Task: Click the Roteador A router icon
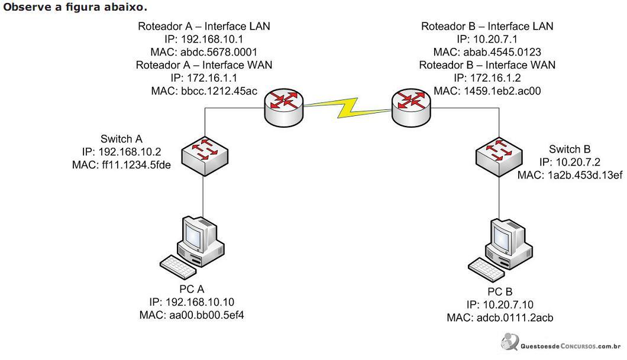(284, 108)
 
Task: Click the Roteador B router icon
(411, 108)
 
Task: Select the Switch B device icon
(499, 157)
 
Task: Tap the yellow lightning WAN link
(347, 108)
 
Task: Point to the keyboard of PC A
(178, 267)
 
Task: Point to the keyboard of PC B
(486, 270)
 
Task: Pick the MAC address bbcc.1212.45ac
(219, 91)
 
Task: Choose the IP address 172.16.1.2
(496, 78)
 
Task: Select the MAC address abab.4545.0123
(502, 52)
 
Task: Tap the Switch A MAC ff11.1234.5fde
(137, 164)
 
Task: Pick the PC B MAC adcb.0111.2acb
(515, 317)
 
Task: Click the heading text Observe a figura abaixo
(75, 7)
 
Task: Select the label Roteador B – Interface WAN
(487, 65)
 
